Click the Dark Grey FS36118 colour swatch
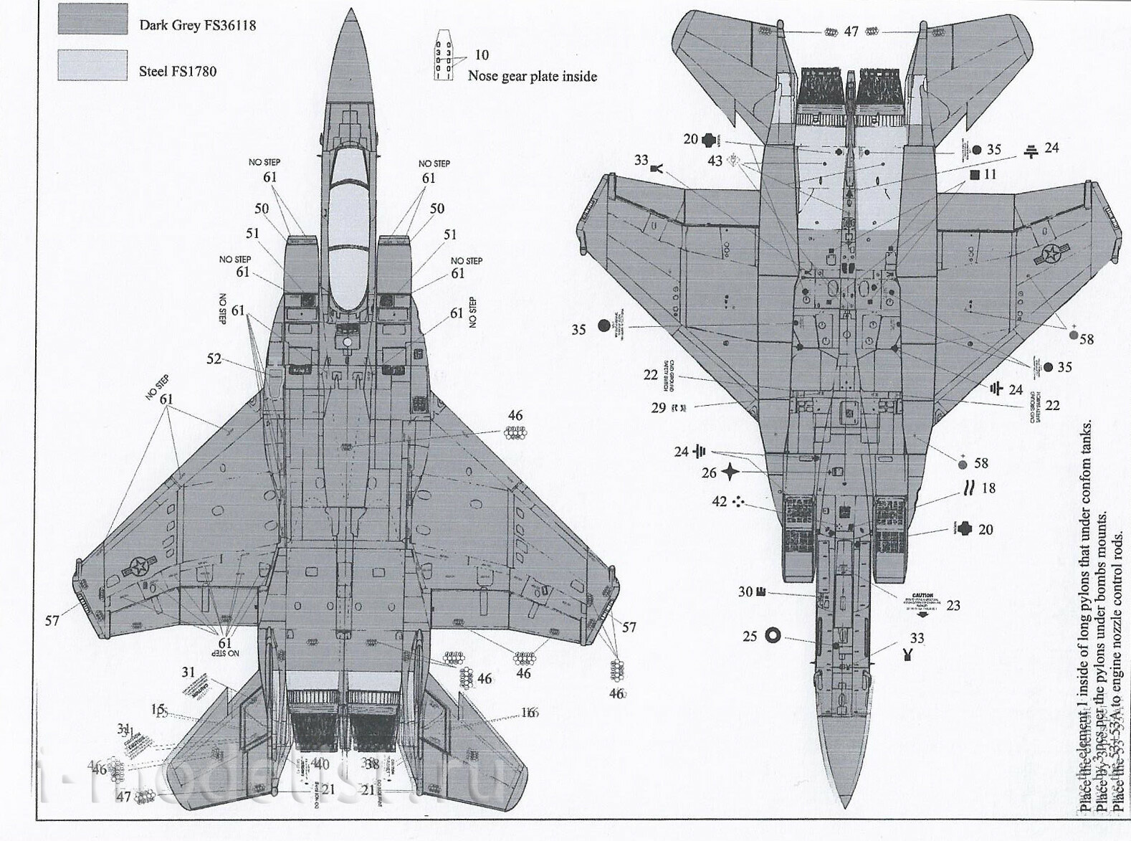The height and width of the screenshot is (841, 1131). pyautogui.click(x=92, y=19)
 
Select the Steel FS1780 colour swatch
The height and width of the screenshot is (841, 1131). pyautogui.click(x=92, y=65)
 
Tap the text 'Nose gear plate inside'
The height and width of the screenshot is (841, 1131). pyautogui.click(x=532, y=77)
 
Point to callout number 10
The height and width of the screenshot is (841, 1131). pyautogui.click(x=481, y=55)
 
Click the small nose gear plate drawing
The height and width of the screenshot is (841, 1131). pyautogui.click(x=444, y=54)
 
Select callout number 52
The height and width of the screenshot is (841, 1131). pyautogui.click(x=214, y=358)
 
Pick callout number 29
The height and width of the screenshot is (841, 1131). pyautogui.click(x=658, y=408)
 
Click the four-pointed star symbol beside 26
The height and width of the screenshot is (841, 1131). pyautogui.click(x=730, y=472)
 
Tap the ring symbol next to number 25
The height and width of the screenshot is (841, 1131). pyautogui.click(x=773, y=635)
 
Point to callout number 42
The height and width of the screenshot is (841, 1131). pyautogui.click(x=719, y=502)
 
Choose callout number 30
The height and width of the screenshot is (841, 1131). pyautogui.click(x=745, y=591)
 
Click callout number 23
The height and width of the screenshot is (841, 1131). pyautogui.click(x=953, y=606)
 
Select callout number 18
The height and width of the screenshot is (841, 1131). pyautogui.click(x=988, y=488)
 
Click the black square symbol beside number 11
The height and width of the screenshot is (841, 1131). pyautogui.click(x=974, y=174)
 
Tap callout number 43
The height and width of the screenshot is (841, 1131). pyautogui.click(x=715, y=161)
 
